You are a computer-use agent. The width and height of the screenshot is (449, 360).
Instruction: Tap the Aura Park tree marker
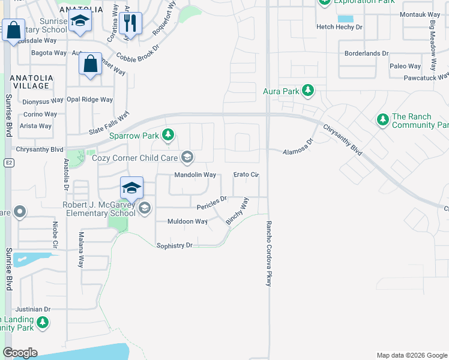click(308, 91)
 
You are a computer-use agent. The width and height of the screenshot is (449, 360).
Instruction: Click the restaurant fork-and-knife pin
click(130, 23)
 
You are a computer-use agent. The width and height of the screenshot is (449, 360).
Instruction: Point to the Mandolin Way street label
click(194, 175)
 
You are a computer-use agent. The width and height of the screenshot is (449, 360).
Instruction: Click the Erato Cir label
click(246, 175)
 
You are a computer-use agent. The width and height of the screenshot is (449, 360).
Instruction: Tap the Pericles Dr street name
click(212, 203)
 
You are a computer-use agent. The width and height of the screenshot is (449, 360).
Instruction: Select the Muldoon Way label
click(188, 221)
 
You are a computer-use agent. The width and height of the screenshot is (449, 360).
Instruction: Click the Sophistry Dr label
click(174, 245)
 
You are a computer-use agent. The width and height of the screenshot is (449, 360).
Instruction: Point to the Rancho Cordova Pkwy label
click(269, 253)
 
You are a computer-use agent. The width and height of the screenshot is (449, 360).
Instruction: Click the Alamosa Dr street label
click(298, 149)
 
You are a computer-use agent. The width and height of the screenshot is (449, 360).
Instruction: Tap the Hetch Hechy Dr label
click(340, 27)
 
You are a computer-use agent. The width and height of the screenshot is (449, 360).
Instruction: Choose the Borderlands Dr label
click(366, 53)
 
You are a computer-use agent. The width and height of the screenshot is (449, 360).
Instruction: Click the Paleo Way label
click(405, 66)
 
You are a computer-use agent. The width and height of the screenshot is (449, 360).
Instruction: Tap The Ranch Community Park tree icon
click(382, 120)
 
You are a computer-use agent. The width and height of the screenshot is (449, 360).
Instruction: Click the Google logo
click(20, 353)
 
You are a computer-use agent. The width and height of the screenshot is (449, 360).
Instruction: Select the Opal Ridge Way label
click(89, 100)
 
